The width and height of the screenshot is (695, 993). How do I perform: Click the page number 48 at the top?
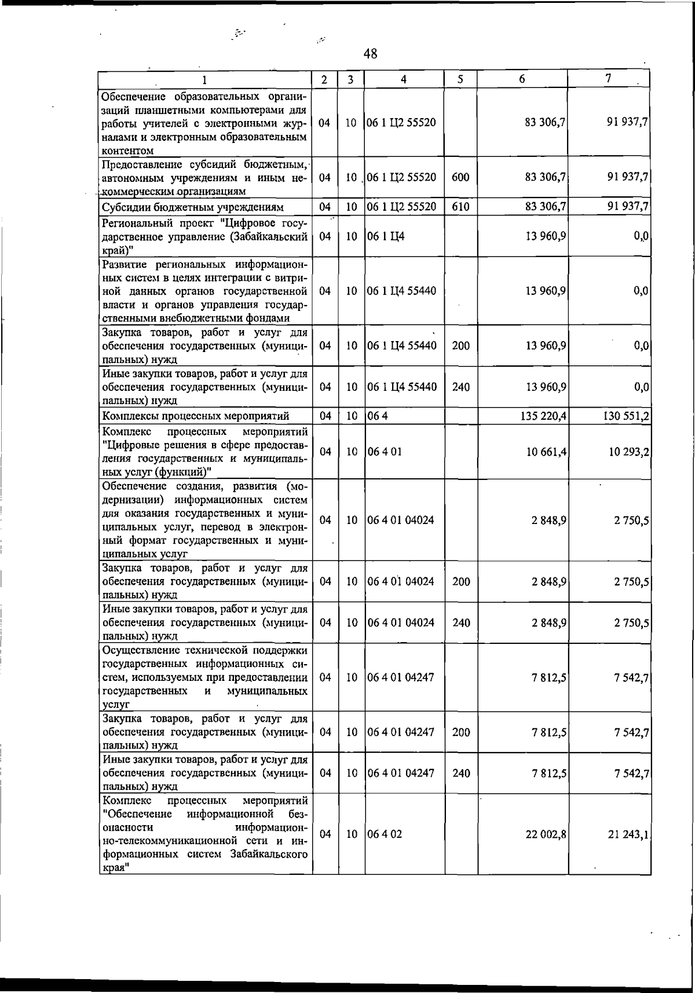tap(371, 54)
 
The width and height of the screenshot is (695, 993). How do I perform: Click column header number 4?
tap(404, 80)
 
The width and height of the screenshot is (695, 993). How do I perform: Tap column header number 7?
tap(609, 79)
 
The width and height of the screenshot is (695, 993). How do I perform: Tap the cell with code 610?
tap(460, 207)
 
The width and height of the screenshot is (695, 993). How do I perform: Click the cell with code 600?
tap(460, 177)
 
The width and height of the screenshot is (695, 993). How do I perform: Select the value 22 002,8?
tap(546, 834)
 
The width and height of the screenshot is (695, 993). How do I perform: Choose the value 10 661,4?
tap(546, 451)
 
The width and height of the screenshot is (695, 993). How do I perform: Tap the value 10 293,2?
tap(628, 451)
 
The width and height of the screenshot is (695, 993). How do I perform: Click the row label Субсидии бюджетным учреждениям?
tap(193, 207)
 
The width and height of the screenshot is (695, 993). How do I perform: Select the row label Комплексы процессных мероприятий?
tap(196, 416)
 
